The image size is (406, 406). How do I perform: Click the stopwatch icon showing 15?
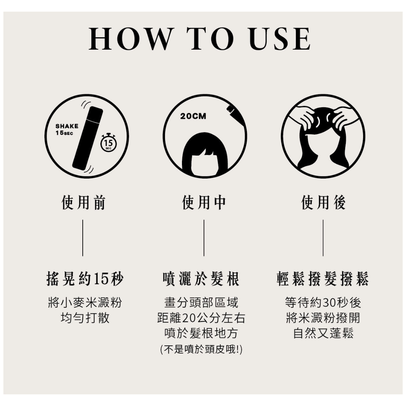tap(108, 142)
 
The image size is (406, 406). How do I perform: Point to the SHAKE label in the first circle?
tap(67, 126)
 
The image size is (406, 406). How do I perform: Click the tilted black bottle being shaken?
tap(88, 138)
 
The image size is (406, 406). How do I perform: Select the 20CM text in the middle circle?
tap(193, 116)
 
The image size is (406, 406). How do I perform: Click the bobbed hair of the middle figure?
tap(205, 153)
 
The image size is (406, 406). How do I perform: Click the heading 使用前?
tap(83, 203)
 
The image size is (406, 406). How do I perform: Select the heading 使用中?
tap(204, 203)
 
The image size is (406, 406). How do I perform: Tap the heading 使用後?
tap(323, 203)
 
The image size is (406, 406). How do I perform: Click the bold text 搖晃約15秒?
tap(85, 279)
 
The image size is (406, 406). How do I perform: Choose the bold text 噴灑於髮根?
tap(201, 279)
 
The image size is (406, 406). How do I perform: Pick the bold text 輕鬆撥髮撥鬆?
tap(323, 279)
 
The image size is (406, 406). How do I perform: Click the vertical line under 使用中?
tap(204, 238)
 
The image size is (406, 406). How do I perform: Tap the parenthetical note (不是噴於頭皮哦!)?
tap(201, 350)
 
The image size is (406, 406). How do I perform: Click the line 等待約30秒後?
tap(323, 302)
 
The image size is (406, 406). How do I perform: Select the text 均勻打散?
tap(85, 318)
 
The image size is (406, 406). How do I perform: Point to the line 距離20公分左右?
tap(201, 318)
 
